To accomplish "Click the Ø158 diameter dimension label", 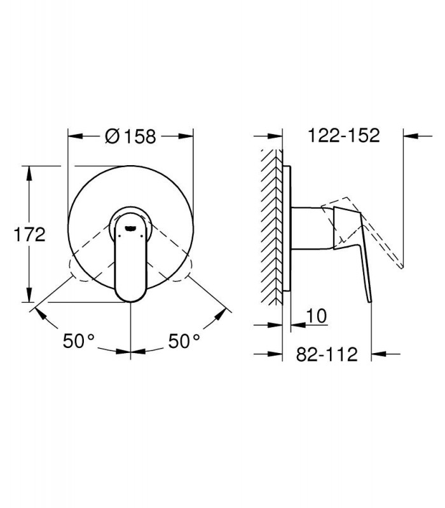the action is pos(130,137).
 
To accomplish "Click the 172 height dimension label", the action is pos(29,234).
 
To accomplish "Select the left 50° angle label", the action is pos(78,341).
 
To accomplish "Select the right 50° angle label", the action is pos(184,341).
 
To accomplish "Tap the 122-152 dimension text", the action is pos(343,135).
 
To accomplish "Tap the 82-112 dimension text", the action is pos(327,354).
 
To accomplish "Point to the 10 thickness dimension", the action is pos(316,316).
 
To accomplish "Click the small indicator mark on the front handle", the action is pos(130,229).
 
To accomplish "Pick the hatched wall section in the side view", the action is pos(272,227).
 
